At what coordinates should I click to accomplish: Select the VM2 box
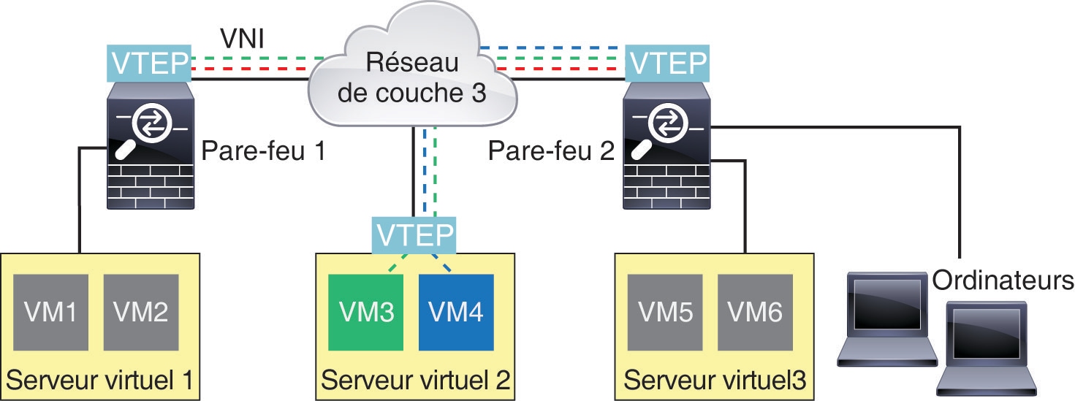coord(141,312)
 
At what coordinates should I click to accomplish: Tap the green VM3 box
coord(366,312)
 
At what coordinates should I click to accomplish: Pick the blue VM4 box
coord(456,312)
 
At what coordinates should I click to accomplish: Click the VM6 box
coord(755,312)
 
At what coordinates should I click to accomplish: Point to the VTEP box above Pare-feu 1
coord(150,64)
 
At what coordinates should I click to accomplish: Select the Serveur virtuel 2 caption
coord(414,381)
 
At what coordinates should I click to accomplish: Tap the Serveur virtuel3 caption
coord(715,381)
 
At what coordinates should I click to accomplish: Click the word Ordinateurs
coord(1003,280)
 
